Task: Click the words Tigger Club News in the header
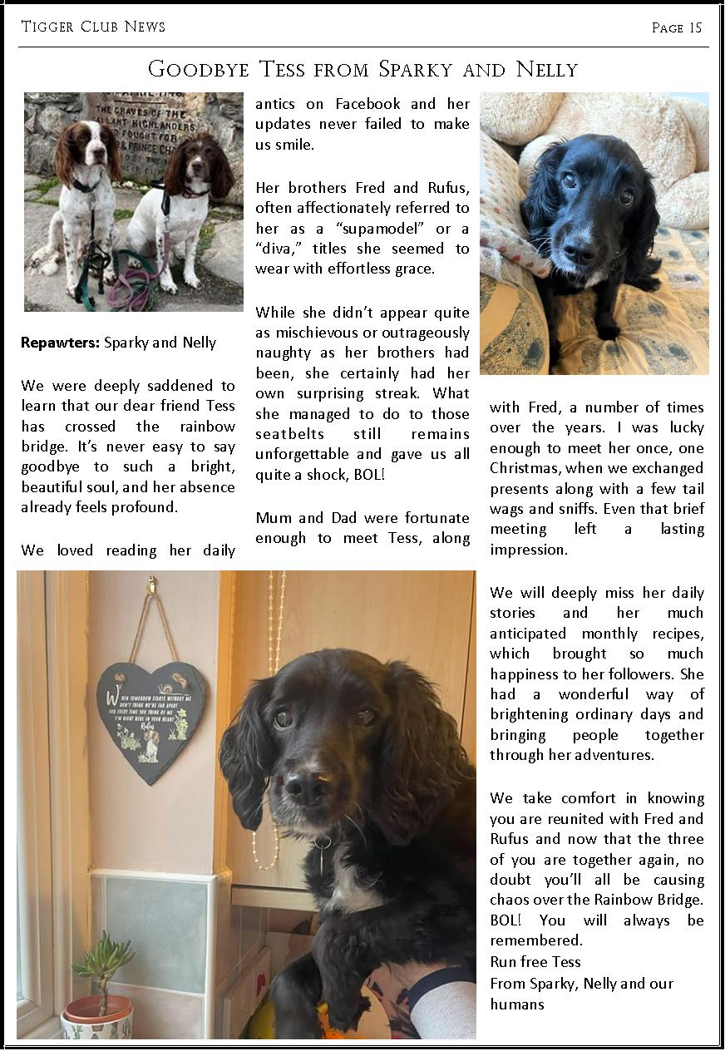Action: (x=93, y=27)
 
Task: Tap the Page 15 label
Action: (x=677, y=28)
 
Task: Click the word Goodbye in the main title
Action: (x=198, y=69)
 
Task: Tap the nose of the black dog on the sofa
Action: (x=579, y=250)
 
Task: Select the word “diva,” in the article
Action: (x=279, y=249)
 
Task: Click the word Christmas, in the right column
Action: (x=527, y=468)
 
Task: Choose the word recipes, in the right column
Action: (x=672, y=634)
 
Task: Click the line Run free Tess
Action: (x=535, y=962)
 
